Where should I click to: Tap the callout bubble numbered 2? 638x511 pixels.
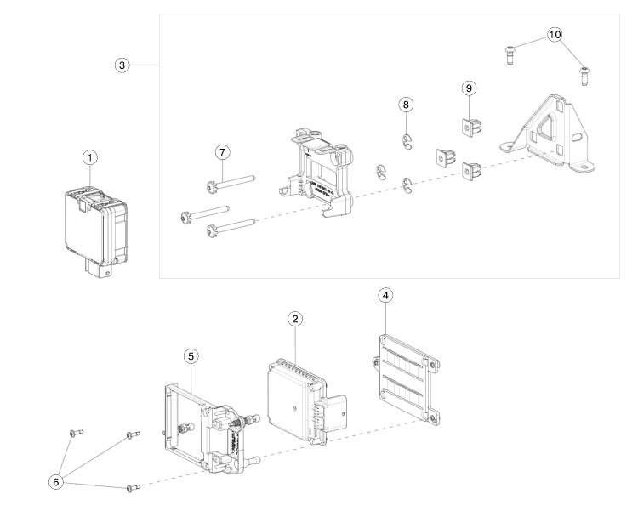click(294, 318)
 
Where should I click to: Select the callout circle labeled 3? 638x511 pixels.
click(124, 65)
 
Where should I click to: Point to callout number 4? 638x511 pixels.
click(386, 295)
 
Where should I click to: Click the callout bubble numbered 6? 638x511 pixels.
click(57, 480)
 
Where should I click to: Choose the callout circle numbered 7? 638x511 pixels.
click(222, 151)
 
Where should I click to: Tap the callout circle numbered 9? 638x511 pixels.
click(467, 88)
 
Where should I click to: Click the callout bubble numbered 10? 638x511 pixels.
click(555, 34)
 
